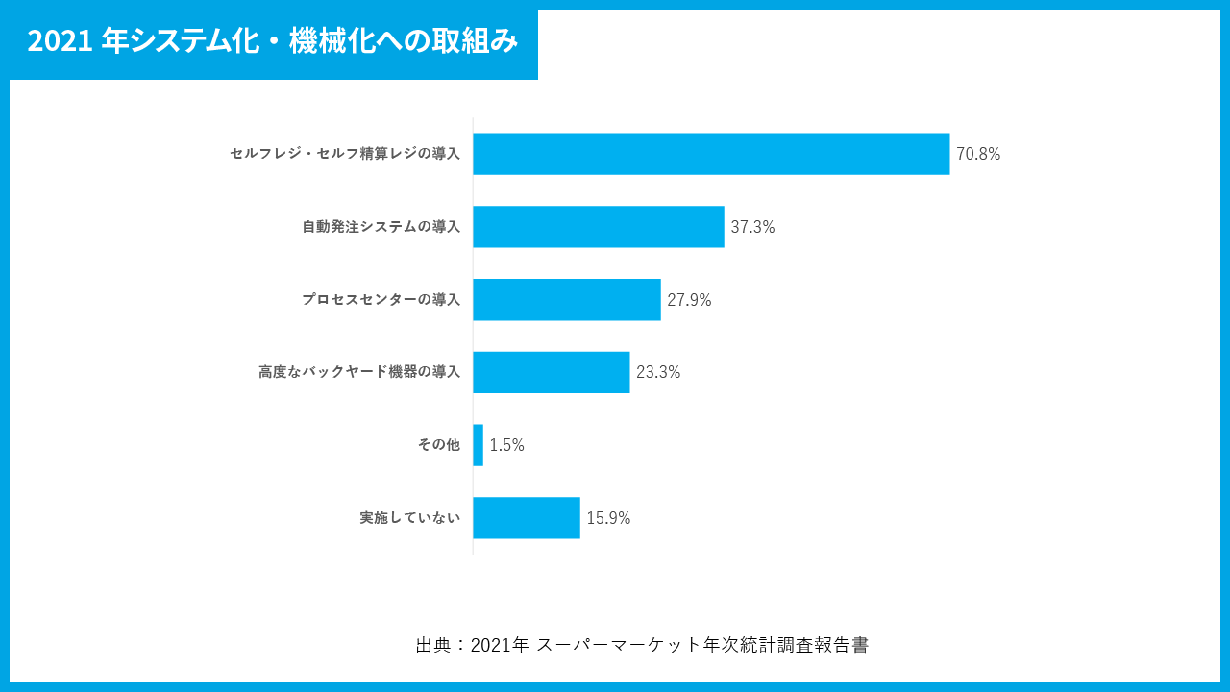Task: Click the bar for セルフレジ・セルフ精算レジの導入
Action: tap(711, 154)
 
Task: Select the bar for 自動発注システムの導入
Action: tap(598, 227)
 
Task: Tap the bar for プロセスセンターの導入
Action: tap(567, 300)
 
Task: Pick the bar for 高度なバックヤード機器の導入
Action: tap(551, 372)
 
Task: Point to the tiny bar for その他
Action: tap(478, 445)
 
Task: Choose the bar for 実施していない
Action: tap(527, 518)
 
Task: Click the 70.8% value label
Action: tap(978, 154)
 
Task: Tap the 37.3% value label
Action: tap(752, 227)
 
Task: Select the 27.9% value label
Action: tap(689, 300)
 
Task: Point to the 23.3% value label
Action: tap(658, 372)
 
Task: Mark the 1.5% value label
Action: tap(506, 445)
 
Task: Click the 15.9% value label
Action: tap(608, 518)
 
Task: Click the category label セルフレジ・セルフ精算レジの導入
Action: tap(345, 154)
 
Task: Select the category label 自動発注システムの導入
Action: tap(381, 227)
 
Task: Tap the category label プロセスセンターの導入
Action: tap(381, 300)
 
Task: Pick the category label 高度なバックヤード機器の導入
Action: tap(359, 372)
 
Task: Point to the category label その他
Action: tap(438, 445)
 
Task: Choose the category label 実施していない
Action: tap(409, 518)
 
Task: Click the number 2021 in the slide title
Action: tap(59, 41)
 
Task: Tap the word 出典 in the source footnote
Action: tap(431, 645)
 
